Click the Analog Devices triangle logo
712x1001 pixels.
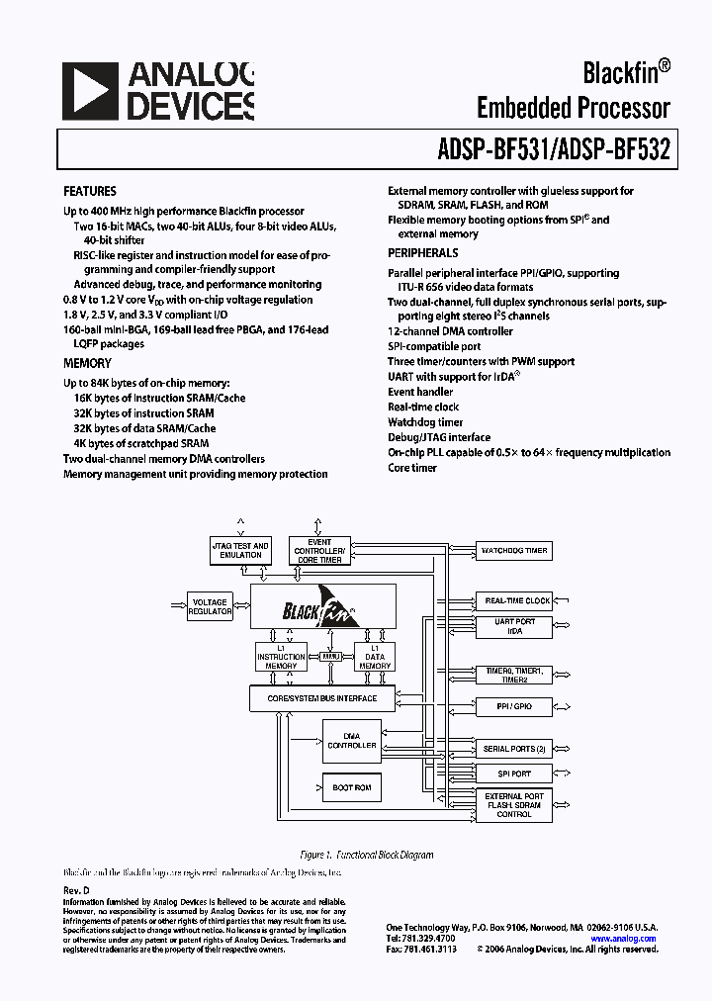pos(89,91)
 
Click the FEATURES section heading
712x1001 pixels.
pos(90,191)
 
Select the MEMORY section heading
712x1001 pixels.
pos(87,363)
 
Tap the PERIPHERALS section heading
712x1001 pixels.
pos(422,253)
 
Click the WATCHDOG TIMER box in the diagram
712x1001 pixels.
pos(514,550)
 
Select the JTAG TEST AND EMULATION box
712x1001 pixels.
pos(240,550)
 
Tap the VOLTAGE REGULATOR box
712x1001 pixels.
pos(210,606)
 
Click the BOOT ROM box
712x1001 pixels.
pos(351,787)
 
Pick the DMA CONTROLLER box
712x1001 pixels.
pos(351,741)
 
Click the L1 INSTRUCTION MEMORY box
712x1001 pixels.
pos(282,657)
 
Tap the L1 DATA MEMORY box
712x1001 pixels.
pos(375,657)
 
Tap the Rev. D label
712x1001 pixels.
pos(76,891)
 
